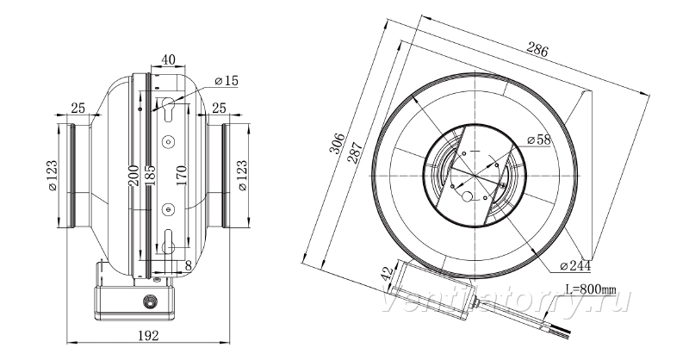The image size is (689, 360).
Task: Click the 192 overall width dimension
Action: [x=148, y=335]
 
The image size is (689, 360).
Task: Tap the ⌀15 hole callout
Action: [x=226, y=81]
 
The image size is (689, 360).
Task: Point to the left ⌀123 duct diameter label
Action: [x=52, y=176]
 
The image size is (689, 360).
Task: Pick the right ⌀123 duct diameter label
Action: [x=242, y=175]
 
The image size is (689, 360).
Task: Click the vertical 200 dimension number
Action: [x=133, y=176]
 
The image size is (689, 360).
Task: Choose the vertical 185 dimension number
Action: [x=149, y=176]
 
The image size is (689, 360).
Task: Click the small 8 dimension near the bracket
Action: [x=189, y=265]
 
